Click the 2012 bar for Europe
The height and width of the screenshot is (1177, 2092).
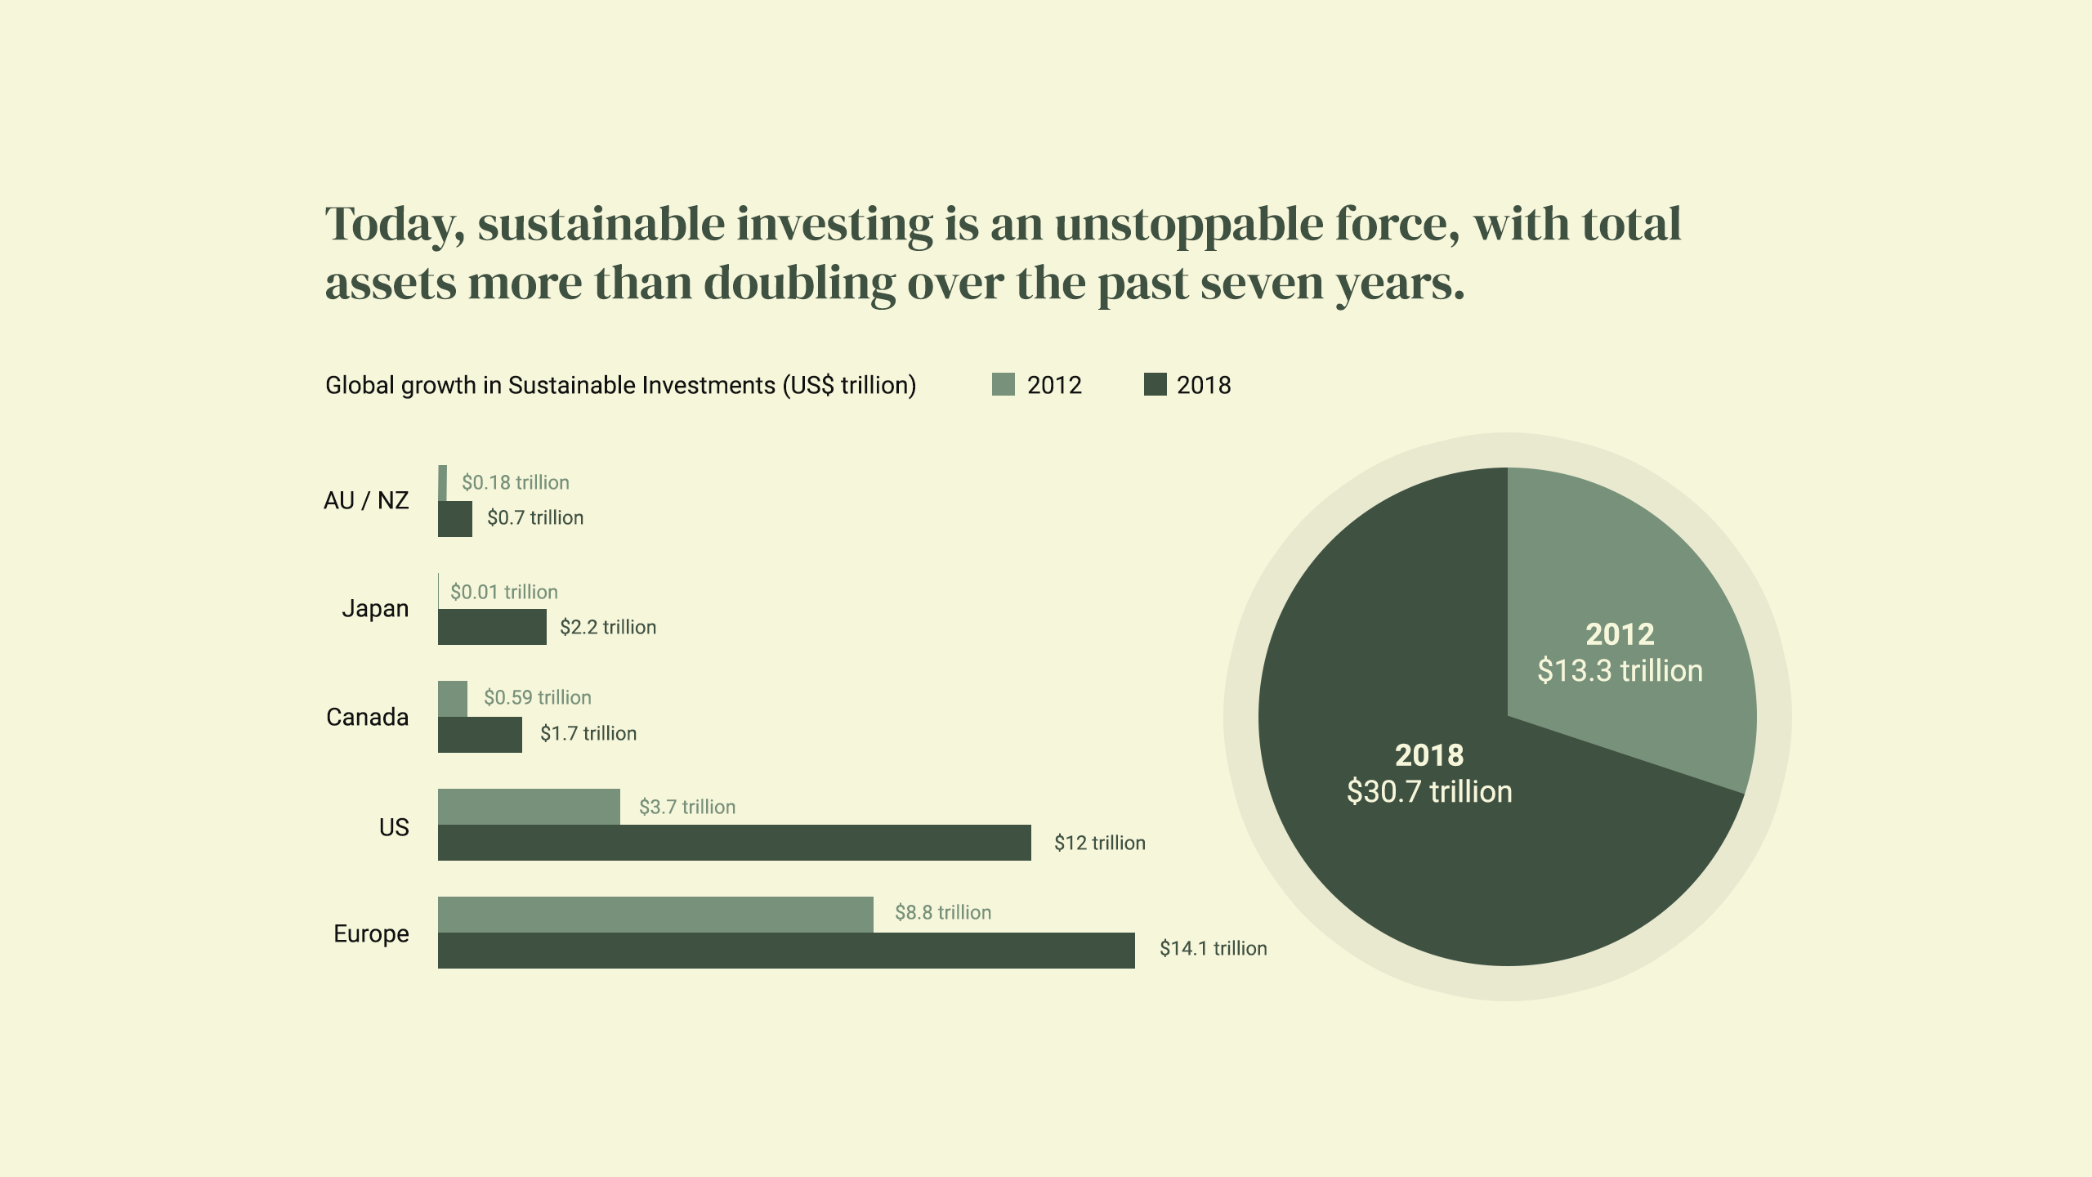[x=655, y=915]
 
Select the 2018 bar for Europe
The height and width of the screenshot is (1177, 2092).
[x=786, y=951]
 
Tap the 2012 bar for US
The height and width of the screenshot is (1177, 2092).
[x=529, y=807]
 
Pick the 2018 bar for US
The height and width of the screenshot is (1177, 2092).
[x=734, y=843]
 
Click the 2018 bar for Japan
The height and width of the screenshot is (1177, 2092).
[x=492, y=627]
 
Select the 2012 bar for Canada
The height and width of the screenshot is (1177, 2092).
[x=453, y=699]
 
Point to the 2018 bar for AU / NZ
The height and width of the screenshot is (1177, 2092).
[x=455, y=519]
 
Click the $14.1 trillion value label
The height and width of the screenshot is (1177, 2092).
[x=1213, y=948]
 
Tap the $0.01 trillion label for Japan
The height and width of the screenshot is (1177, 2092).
[x=503, y=592]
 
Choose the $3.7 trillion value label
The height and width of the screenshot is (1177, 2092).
[x=686, y=808]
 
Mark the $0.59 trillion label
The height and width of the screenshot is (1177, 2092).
[x=537, y=697]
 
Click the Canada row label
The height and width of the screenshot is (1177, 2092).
[x=367, y=718]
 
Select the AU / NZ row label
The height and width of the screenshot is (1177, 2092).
[x=366, y=500]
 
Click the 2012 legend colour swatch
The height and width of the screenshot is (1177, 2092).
[x=1003, y=384]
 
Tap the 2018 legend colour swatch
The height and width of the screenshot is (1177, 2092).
[x=1155, y=384]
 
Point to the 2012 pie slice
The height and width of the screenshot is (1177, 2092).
[x=1626, y=588]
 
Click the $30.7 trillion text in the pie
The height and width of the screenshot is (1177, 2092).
[x=1429, y=792]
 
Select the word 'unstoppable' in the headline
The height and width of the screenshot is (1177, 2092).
[x=1189, y=225]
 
